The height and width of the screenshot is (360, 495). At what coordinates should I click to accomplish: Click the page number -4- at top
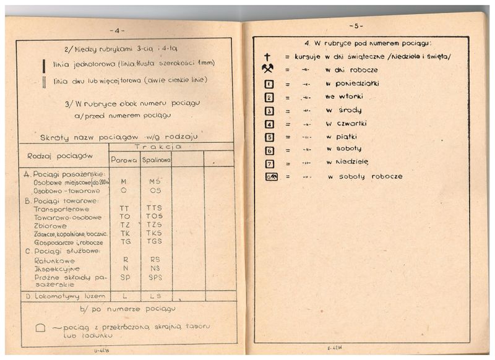click(118, 30)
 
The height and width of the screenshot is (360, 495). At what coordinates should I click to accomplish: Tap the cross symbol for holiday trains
click(267, 57)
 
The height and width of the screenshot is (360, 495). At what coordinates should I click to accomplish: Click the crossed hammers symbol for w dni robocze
click(269, 70)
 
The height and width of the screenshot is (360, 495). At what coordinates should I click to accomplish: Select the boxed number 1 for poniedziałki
click(269, 84)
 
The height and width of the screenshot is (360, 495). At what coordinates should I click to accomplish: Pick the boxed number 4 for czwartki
click(269, 123)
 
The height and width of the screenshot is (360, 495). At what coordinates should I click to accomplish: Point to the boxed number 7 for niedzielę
click(269, 163)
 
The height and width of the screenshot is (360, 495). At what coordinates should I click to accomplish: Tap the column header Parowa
click(124, 160)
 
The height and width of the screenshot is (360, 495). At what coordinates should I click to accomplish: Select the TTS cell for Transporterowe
click(155, 208)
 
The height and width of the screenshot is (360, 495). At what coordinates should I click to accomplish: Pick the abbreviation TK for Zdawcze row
click(124, 233)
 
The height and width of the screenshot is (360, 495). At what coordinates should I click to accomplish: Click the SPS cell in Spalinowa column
click(155, 278)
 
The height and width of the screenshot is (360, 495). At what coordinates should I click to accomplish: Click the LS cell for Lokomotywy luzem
click(155, 296)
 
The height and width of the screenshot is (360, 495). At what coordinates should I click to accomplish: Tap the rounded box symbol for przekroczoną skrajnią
click(40, 328)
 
